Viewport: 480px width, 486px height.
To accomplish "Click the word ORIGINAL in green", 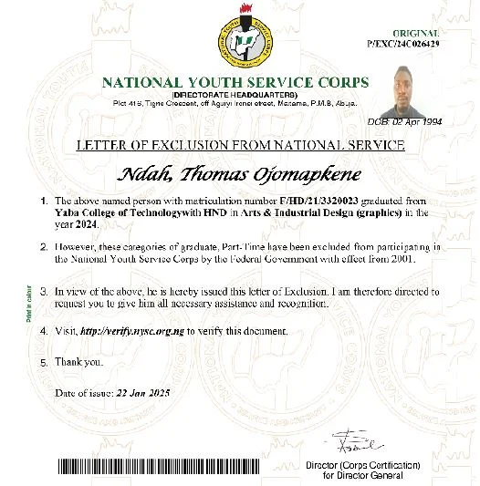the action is coord(415,32).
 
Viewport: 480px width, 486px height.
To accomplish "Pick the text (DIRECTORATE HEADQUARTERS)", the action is coord(235,95).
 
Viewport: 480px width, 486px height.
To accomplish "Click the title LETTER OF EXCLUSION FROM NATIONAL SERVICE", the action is coord(241,145).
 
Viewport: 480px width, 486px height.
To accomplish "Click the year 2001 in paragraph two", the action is coord(428,259).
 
